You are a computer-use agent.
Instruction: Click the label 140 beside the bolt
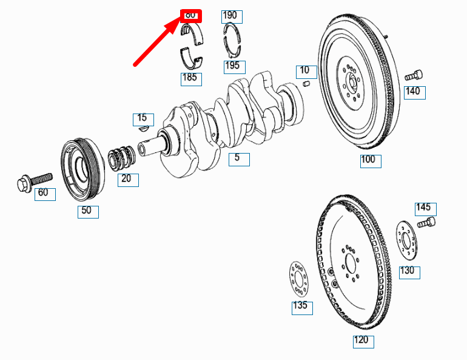pyautogui.click(x=413, y=92)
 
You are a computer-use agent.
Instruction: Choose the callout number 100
pyautogui.click(x=368, y=161)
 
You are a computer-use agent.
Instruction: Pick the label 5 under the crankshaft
pyautogui.click(x=238, y=158)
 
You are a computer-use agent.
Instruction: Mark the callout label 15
pyautogui.click(x=143, y=118)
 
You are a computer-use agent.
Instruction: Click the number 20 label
pyautogui.click(x=127, y=179)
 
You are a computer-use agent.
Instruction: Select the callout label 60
pyautogui.click(x=44, y=194)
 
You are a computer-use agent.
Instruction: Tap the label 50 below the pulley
pyautogui.click(x=87, y=211)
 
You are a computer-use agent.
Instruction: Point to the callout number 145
pyautogui.click(x=424, y=208)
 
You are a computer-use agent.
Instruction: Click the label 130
pyautogui.click(x=408, y=271)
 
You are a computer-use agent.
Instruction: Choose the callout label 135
pyautogui.click(x=301, y=307)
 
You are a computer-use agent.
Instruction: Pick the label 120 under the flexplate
pyautogui.click(x=362, y=341)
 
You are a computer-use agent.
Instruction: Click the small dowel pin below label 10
pyautogui.click(x=306, y=83)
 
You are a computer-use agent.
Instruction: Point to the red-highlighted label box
pyautogui.click(x=191, y=15)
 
